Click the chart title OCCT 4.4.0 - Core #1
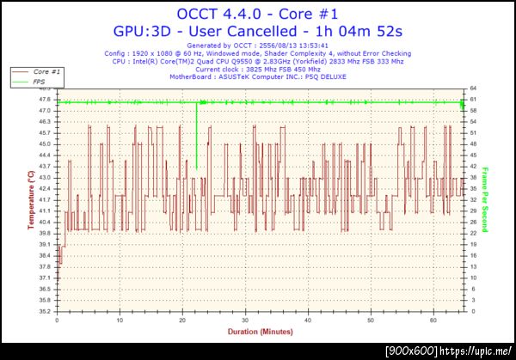258,14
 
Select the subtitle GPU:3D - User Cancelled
258,31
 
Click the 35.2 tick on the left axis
43,311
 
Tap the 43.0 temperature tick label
43,178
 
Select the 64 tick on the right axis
474,88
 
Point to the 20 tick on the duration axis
182,320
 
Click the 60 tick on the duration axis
433,320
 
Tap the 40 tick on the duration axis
308,320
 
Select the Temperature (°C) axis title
30,199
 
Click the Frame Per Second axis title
485,199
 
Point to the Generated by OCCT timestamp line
258,46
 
